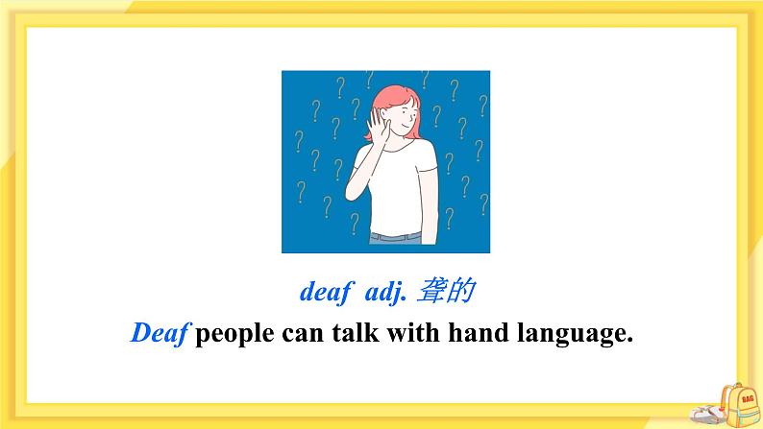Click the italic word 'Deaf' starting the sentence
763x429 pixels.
click(x=161, y=334)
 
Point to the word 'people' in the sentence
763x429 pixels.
click(x=237, y=335)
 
